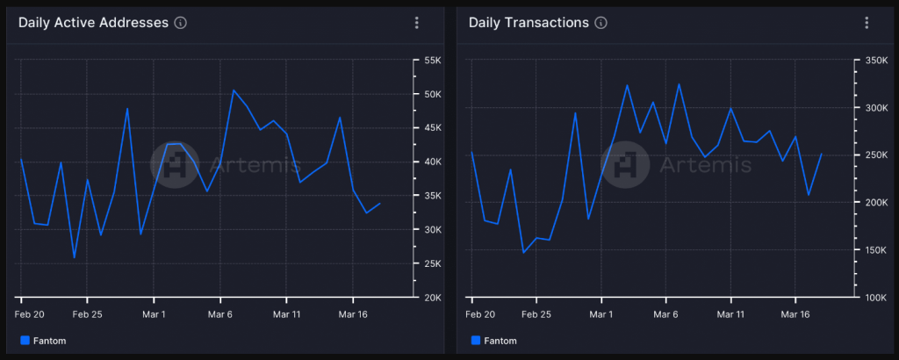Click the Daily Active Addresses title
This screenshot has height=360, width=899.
point(93,23)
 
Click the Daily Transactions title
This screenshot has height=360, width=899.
point(529,23)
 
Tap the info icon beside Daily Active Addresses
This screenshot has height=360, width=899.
point(181,24)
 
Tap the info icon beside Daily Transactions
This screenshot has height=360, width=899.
point(601,24)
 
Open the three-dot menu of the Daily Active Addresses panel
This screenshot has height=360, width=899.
point(417,24)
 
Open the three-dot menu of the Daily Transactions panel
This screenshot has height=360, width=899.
point(867,24)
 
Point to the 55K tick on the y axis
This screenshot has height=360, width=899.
point(432,60)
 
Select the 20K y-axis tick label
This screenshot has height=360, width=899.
point(432,298)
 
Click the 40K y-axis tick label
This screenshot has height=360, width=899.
point(432,162)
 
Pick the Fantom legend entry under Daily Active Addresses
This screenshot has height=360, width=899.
point(43,341)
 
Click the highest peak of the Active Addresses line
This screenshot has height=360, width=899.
point(234,90)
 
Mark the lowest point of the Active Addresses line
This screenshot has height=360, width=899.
point(74,257)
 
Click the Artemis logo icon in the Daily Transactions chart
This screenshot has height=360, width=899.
point(625,163)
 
